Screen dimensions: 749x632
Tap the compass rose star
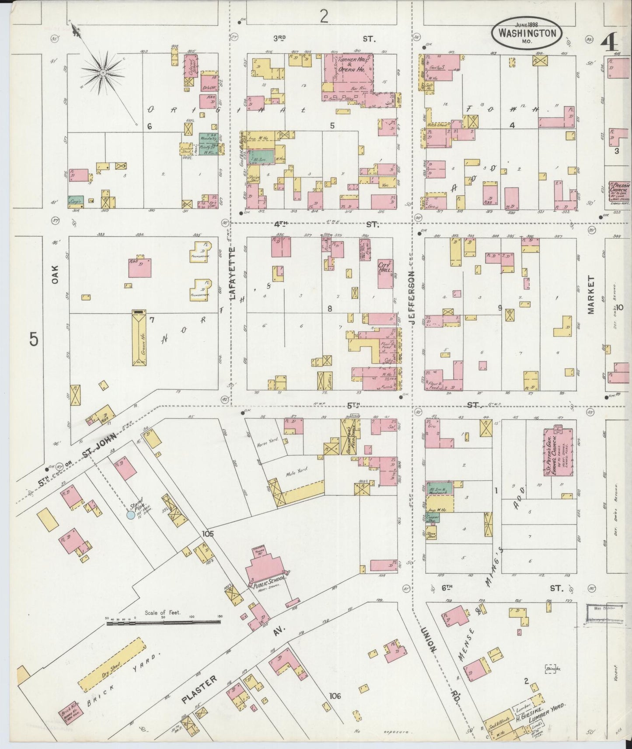(103, 73)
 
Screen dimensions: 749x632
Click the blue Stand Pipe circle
(130, 515)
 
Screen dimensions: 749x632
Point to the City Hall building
(385, 274)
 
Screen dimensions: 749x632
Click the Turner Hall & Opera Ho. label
(349, 66)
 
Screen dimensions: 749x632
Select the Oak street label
(55, 275)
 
